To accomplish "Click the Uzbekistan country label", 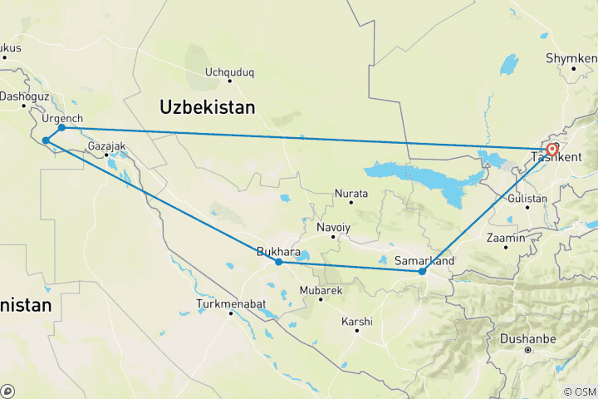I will click(208, 107).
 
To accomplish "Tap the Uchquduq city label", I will click(229, 71).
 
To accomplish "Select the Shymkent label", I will click(571, 58).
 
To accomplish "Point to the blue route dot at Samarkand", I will click(422, 271).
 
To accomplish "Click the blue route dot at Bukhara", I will click(279, 262).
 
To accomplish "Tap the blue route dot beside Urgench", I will click(61, 127).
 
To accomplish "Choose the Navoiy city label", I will click(334, 227).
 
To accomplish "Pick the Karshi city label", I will click(357, 322).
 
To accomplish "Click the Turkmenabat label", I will click(231, 304).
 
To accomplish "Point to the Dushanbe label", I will click(527, 339).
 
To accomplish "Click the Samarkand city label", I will click(424, 261).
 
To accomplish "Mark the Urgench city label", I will click(62, 118).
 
